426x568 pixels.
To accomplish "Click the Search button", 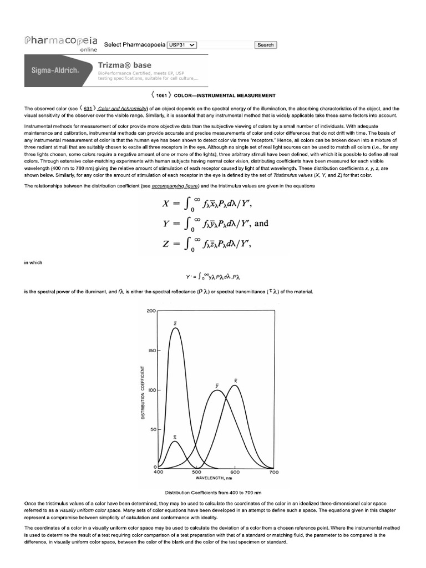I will pyautogui.click(x=266, y=45).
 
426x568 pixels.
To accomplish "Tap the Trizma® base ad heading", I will pyautogui.click(x=124, y=65).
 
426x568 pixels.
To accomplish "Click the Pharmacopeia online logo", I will pyautogui.click(x=61, y=43).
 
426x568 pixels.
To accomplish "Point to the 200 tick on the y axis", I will pyautogui.click(x=152, y=311).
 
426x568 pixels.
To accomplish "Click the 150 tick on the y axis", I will pyautogui.click(x=152, y=351).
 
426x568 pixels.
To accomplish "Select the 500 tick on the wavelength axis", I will pyautogui.click(x=196, y=472).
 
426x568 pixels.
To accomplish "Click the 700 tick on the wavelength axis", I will pyautogui.click(x=273, y=472).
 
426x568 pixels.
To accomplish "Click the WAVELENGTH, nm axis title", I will pyautogui.click(x=214, y=478).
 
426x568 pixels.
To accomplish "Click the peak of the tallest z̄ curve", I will pyautogui.click(x=176, y=328).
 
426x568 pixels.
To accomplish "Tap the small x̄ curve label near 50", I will pyautogui.click(x=175, y=437).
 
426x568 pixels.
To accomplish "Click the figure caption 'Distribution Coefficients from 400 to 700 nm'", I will pyautogui.click(x=213, y=493).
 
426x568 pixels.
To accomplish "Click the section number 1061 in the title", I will pyautogui.click(x=161, y=95).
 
